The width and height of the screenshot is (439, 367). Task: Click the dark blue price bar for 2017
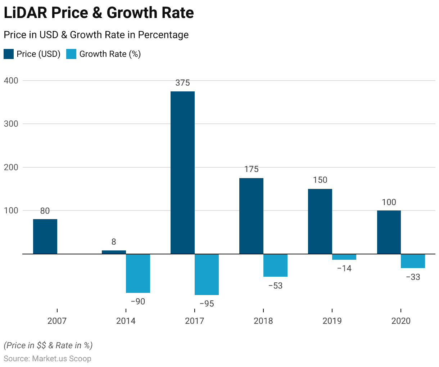point(182,173)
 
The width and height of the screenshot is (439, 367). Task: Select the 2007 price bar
point(45,236)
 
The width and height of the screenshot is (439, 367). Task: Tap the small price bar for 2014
point(114,252)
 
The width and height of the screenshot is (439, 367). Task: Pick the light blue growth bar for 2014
point(138,273)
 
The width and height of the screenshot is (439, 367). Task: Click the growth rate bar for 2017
point(207,275)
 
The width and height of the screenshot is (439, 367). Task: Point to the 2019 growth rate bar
point(344,257)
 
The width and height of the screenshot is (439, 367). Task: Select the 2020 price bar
point(389,232)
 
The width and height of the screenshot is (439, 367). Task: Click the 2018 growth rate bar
point(275,266)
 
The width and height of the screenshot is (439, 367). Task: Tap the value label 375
point(182,83)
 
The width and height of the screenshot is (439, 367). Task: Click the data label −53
point(275,286)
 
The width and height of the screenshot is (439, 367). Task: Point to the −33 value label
point(413,277)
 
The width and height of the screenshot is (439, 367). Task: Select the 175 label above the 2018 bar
point(251,169)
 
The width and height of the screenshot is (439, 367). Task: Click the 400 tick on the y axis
point(11,81)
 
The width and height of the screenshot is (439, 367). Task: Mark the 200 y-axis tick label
point(11,167)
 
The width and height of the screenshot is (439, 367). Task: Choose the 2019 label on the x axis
point(332,321)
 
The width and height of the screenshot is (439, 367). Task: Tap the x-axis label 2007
point(57,321)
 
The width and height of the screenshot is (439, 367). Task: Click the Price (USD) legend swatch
point(9,54)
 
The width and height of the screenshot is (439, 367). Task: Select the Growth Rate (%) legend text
point(110,54)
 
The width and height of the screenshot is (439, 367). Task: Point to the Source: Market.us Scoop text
point(47,359)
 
